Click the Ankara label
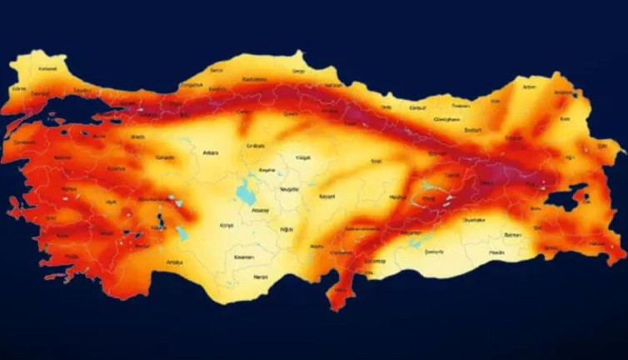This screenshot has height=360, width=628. click(x=210, y=152)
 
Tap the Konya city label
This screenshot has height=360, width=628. click(x=226, y=225)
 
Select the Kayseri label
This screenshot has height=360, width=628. click(x=327, y=197)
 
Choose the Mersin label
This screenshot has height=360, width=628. click(x=261, y=276)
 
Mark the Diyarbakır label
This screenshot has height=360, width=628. click(x=472, y=220)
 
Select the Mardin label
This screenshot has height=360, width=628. click(x=496, y=251)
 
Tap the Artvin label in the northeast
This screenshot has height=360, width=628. click(x=529, y=86)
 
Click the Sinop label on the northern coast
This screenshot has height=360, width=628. click(x=299, y=72)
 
